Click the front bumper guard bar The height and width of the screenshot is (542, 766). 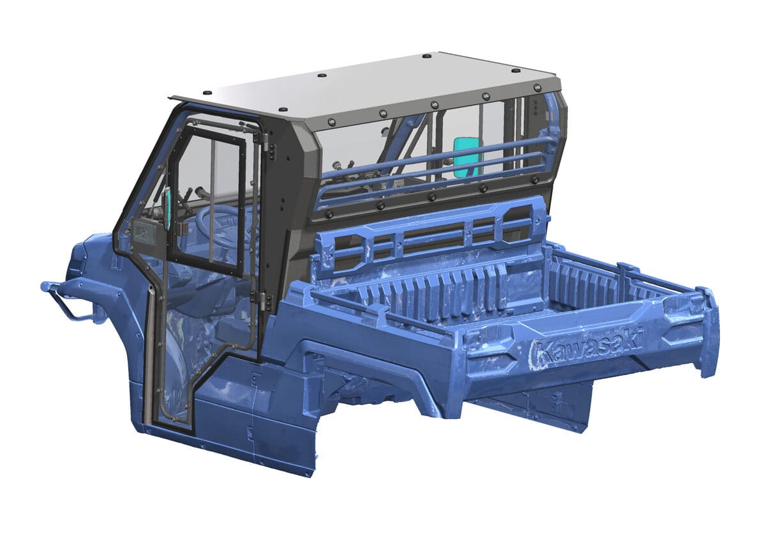coord(70,300)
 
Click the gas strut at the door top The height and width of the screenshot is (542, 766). coord(223,125)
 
